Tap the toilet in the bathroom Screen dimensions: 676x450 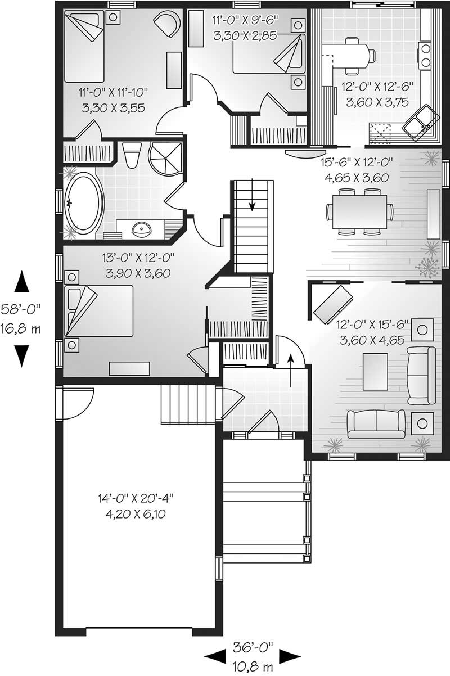coord(133,155)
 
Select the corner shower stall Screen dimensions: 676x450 coord(166,158)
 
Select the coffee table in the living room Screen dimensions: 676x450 coord(375,371)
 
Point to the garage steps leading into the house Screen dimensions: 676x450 coord(179,404)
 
